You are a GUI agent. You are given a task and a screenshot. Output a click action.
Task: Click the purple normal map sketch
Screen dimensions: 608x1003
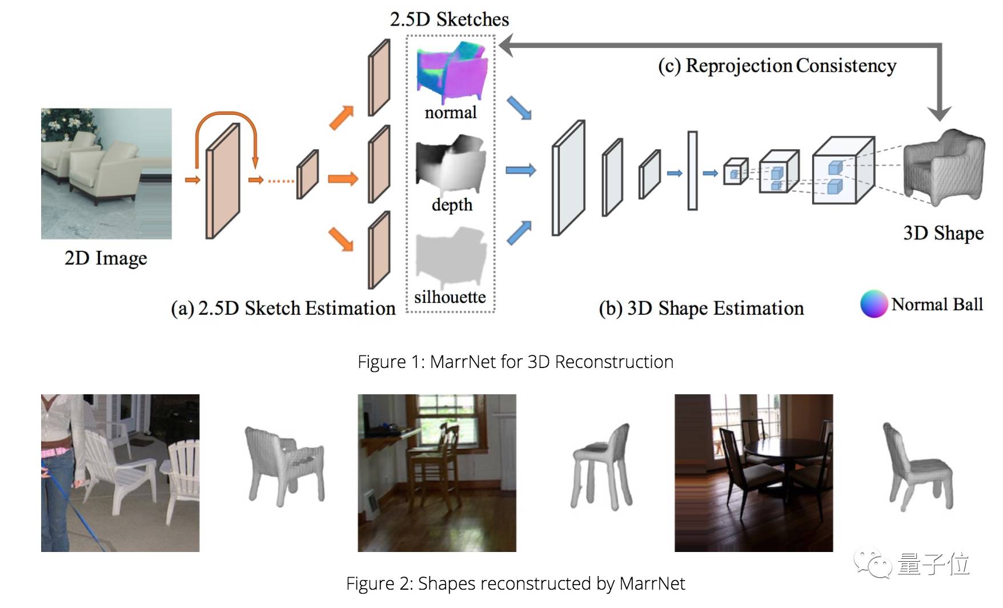click(451, 71)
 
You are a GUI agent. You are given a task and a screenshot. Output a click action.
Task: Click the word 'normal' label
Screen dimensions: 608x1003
click(451, 112)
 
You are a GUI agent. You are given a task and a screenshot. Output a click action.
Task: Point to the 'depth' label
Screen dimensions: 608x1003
click(452, 205)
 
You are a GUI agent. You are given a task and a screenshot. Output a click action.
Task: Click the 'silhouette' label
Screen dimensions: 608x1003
click(450, 297)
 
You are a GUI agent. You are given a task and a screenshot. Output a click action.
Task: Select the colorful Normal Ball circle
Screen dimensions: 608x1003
click(874, 303)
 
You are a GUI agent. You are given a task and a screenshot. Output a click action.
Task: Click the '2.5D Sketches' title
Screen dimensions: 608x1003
click(450, 19)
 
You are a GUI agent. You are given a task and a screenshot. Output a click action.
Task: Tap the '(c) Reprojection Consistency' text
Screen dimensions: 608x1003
click(777, 66)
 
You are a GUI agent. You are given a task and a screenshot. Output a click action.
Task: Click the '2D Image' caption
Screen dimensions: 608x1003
click(106, 258)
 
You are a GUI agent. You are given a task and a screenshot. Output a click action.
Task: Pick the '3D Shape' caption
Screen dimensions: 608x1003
click(943, 233)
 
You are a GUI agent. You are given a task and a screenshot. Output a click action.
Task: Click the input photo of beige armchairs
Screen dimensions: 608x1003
click(106, 173)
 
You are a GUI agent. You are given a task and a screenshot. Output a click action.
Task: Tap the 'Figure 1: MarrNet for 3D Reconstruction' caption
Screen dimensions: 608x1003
click(515, 362)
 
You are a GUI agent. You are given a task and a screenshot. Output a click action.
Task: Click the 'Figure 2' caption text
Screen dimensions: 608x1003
click(515, 583)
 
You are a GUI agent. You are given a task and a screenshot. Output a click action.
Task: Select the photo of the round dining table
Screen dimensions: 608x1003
click(753, 473)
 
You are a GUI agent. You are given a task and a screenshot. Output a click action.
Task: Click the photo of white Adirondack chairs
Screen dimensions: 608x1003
click(120, 473)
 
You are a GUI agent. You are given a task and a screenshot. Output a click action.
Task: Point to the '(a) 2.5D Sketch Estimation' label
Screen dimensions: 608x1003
click(283, 309)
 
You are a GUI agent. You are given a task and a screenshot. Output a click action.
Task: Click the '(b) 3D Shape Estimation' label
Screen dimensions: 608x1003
click(701, 309)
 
